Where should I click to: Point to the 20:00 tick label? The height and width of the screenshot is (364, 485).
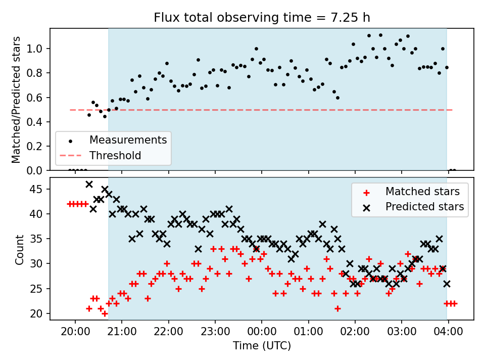(x=75, y=332)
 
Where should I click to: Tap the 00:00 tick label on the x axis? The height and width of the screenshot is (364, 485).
(x=262, y=332)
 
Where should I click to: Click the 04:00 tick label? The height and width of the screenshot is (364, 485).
(x=448, y=332)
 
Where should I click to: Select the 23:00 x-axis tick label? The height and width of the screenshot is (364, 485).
(x=215, y=332)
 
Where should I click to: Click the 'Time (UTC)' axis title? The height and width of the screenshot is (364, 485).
(x=262, y=345)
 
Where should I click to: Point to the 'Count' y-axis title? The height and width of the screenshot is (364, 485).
(x=20, y=249)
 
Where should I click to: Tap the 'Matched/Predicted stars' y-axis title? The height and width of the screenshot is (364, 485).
(x=16, y=100)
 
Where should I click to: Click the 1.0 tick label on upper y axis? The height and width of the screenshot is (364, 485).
(x=35, y=49)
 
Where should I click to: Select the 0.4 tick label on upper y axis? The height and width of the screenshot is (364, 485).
(x=35, y=122)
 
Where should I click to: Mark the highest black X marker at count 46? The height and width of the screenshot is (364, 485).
(x=89, y=184)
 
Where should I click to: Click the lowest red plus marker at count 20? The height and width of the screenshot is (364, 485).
(x=105, y=313)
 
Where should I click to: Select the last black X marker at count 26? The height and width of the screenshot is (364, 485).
(x=447, y=284)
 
